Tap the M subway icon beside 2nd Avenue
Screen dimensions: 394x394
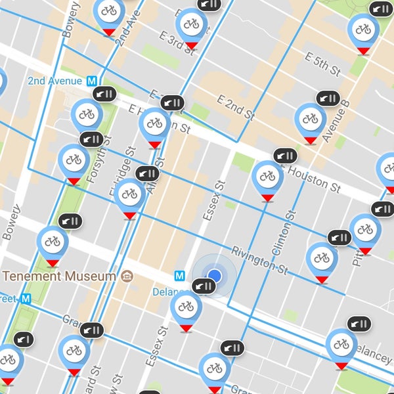coord(95,81)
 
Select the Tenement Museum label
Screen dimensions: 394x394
coord(58,276)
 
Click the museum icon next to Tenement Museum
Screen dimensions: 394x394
coord(127,276)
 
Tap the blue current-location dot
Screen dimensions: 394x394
coord(214,275)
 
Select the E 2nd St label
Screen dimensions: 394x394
coord(235,106)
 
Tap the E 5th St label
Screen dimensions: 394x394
coord(324,62)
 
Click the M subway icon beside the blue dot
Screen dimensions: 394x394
coord(179,276)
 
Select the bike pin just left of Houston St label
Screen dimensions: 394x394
coord(267,177)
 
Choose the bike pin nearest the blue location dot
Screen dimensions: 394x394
coord(186,307)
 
